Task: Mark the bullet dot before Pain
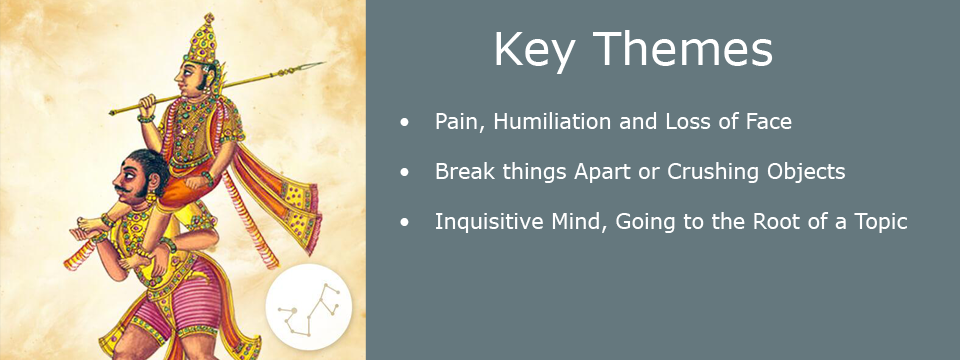(404, 123)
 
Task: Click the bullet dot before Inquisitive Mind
(404, 223)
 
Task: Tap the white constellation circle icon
(309, 307)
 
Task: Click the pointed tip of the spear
(324, 62)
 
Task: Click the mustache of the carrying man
(124, 190)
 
